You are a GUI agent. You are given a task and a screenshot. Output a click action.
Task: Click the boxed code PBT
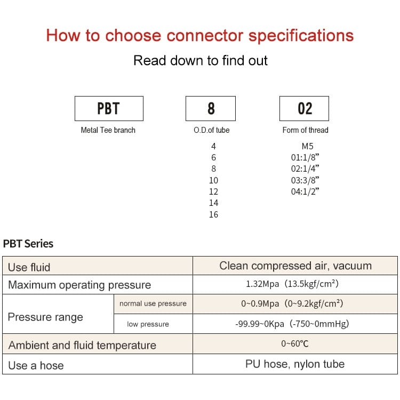coord(109,108)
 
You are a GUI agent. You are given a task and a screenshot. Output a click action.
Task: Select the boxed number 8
coord(211,108)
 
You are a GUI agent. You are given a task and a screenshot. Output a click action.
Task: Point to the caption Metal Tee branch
coord(108,130)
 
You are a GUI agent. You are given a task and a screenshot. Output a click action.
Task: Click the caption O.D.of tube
coord(212,130)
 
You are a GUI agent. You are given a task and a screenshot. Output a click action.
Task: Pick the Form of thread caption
coord(305,130)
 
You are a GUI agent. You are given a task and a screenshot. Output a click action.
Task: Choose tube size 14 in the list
coord(213,203)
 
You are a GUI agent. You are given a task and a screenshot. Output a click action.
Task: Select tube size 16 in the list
coord(213,214)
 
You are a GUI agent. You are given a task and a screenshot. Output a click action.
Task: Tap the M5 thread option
coord(307,146)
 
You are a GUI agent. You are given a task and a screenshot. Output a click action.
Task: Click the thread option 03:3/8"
coord(305,180)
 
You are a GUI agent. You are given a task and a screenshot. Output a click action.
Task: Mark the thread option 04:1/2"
coord(305,191)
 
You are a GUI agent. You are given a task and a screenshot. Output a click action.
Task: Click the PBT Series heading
coord(28,244)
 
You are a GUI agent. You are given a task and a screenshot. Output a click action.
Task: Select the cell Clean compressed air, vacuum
coord(295,266)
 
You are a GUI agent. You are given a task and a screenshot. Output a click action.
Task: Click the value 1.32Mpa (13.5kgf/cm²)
coord(292,284)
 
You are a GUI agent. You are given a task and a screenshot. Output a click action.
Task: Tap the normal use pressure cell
coord(153,303)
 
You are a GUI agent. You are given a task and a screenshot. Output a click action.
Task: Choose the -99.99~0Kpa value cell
coord(292,324)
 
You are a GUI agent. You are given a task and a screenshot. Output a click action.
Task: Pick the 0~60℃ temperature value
coord(295,343)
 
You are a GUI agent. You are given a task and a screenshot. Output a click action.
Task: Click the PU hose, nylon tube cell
coord(295,364)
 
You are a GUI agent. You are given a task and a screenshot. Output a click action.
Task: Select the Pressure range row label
coord(45,317)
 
